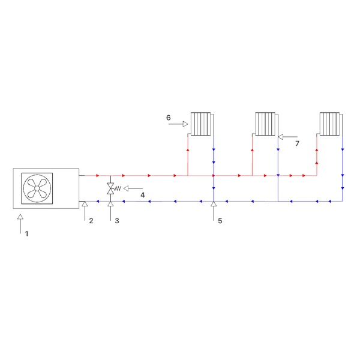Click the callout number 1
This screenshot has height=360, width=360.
pos(26,234)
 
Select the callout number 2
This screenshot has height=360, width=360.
pos(91,221)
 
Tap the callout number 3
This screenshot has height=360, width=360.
pos(117,221)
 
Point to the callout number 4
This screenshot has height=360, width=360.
pos(143,195)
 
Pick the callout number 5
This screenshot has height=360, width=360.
pos(220,221)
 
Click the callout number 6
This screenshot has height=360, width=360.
pos(168,118)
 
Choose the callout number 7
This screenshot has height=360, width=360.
pos(298,143)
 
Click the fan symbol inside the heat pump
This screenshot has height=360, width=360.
pos(37,188)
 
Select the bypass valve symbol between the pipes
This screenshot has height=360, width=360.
pos(110,188)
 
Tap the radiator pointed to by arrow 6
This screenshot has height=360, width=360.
pos(202,124)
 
